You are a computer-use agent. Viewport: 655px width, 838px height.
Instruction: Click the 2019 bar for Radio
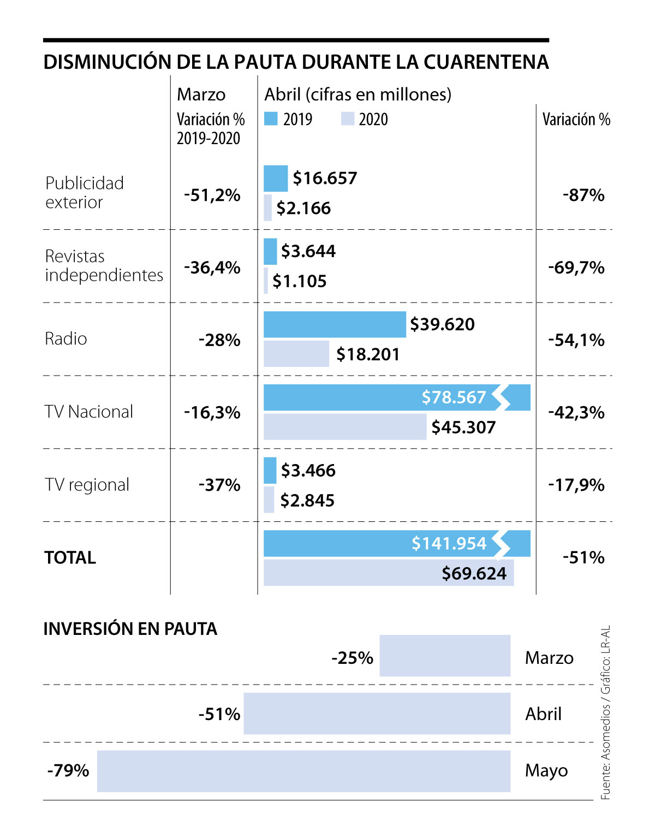coord(335,324)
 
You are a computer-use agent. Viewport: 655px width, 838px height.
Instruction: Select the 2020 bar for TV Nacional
coord(345,427)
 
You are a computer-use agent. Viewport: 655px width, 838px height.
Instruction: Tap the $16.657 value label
coord(325,178)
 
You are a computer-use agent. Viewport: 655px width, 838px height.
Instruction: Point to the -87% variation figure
coord(583,195)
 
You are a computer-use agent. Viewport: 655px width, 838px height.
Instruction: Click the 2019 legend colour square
coord(271,119)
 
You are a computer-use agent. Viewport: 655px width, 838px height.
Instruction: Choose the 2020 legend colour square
coord(348,119)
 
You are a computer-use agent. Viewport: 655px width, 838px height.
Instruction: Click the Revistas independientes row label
coord(104,266)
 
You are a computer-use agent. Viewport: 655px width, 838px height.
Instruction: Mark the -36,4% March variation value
coord(212,268)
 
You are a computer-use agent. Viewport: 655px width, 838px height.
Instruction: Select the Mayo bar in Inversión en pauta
coord(303,771)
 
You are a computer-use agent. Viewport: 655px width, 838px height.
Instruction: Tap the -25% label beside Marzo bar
coord(352,658)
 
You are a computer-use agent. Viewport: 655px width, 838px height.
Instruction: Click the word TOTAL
coord(70,557)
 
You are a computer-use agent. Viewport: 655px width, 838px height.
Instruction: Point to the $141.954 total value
coord(449,543)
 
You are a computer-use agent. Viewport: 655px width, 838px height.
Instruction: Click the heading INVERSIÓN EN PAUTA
coord(130,629)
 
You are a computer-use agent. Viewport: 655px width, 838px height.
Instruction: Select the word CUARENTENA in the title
coord(486,62)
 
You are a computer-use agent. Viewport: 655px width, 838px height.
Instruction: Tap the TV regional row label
coord(87,485)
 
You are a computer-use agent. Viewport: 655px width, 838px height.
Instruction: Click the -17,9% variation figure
coord(576,485)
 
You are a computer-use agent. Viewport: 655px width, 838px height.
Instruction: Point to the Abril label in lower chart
coord(543,714)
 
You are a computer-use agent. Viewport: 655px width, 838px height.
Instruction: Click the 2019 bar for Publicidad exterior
coord(276,179)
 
